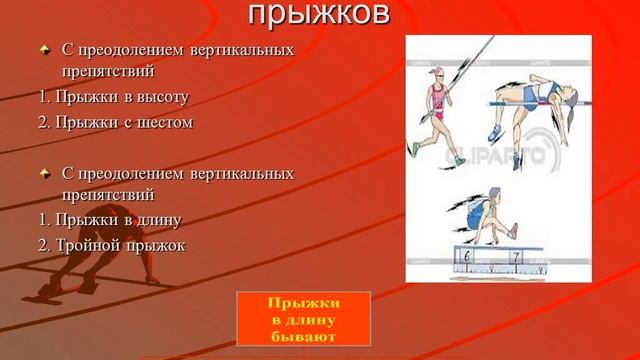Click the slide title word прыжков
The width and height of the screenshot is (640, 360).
coord(318,14)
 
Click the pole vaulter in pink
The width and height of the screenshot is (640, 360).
coord(437,100)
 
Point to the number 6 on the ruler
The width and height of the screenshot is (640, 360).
coord(467,257)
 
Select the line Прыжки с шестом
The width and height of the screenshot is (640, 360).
coord(119,122)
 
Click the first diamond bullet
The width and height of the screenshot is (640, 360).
coord(44,49)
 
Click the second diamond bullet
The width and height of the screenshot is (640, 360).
coord(44,173)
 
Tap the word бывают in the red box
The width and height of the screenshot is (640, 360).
coord(305,336)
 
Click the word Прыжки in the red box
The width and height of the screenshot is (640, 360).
coord(305,303)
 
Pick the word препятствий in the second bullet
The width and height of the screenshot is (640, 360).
coord(108,195)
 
